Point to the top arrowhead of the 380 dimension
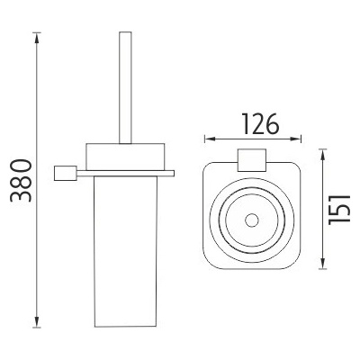[x=37, y=37]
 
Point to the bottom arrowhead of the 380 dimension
[x=37, y=324]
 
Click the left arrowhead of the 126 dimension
[x=207, y=139]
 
